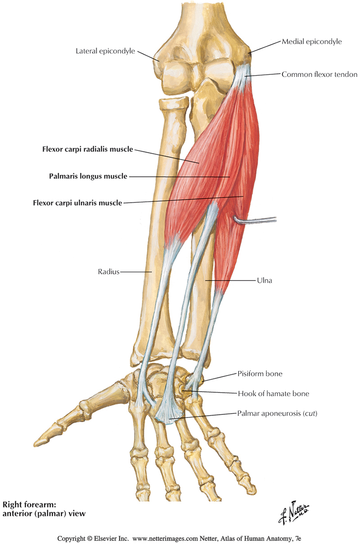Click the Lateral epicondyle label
105,51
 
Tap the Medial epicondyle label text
311,41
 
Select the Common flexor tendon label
319,74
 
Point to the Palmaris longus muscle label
88,176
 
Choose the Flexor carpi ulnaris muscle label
77,203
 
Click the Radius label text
108,272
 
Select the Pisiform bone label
260,374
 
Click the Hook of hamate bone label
273,394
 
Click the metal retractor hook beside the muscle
256,220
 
